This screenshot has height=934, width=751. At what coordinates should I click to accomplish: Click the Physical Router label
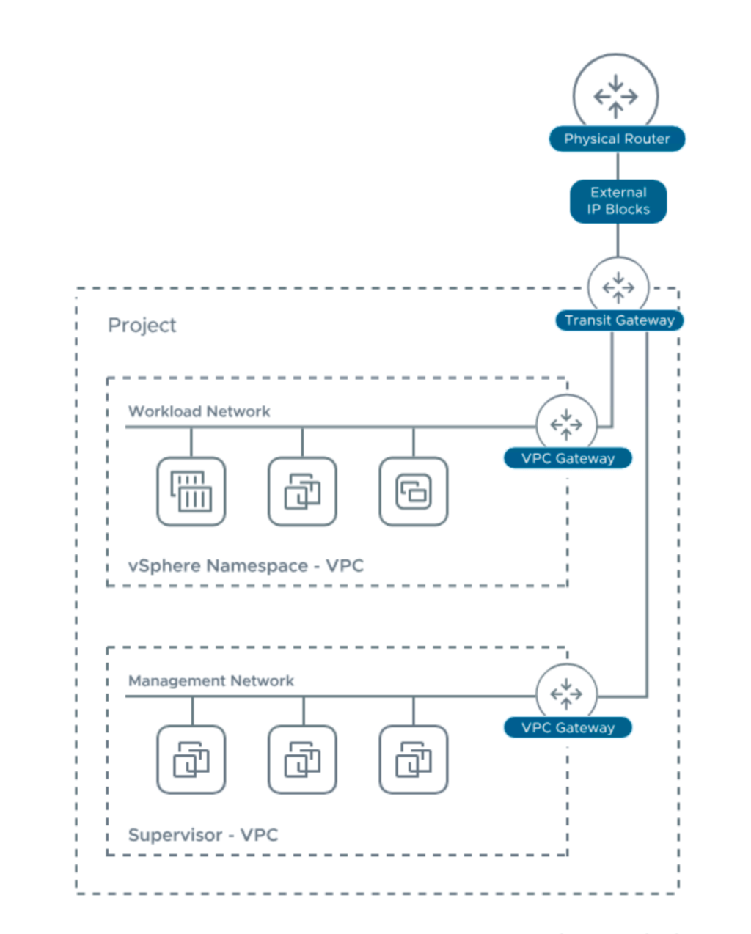coord(617,139)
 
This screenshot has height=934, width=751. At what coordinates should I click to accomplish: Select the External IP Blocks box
coord(618,201)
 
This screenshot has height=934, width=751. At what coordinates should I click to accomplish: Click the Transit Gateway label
coord(619,320)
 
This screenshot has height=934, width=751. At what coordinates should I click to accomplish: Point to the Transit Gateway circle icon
coord(618,287)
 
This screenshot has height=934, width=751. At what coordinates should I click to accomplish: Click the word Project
coord(142,325)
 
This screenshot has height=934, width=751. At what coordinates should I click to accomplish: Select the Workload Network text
coord(199,411)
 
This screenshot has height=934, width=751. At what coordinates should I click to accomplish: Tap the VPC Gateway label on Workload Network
coord(568,458)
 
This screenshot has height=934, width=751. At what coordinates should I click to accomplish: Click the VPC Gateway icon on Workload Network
coord(566,424)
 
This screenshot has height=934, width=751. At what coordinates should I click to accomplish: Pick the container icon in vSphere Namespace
coord(191,491)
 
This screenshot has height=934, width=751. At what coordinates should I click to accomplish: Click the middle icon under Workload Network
coord(302,491)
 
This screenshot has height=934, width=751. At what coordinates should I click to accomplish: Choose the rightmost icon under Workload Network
coord(414,491)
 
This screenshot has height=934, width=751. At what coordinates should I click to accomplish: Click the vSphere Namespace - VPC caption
coord(246,566)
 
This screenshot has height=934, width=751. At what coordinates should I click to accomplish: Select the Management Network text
coord(210,681)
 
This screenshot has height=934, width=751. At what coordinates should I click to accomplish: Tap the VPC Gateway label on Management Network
coord(568,727)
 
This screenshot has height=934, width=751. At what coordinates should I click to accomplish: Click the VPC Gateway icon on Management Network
coord(566,694)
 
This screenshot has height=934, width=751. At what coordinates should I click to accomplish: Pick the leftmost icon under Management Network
coord(191,760)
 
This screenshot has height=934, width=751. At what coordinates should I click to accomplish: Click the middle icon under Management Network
coord(302,760)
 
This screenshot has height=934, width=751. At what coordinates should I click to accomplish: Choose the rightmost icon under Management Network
coord(414,760)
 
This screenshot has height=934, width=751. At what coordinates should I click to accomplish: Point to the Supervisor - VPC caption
coord(203,835)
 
